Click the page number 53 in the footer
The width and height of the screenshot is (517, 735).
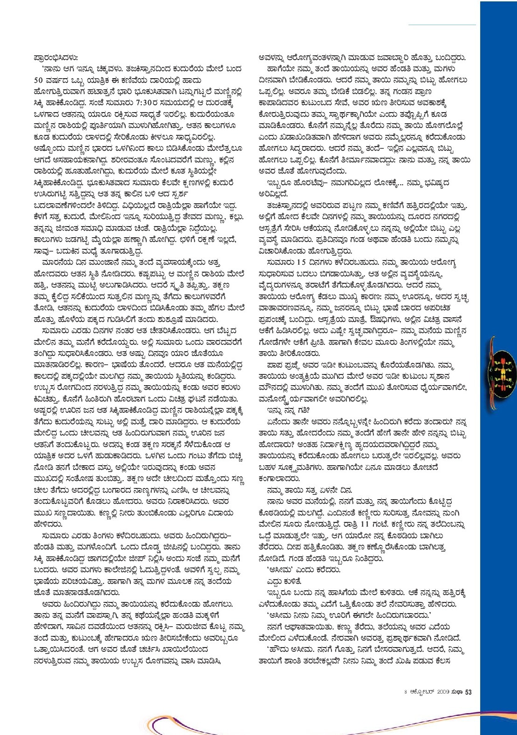(x=468, y=692)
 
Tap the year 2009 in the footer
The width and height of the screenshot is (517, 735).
(x=443, y=692)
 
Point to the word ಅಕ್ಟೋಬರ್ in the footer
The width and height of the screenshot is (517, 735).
(x=422, y=692)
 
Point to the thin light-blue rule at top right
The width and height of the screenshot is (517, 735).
(x=442, y=24)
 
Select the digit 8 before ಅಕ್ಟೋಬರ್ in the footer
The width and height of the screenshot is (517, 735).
(x=406, y=692)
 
